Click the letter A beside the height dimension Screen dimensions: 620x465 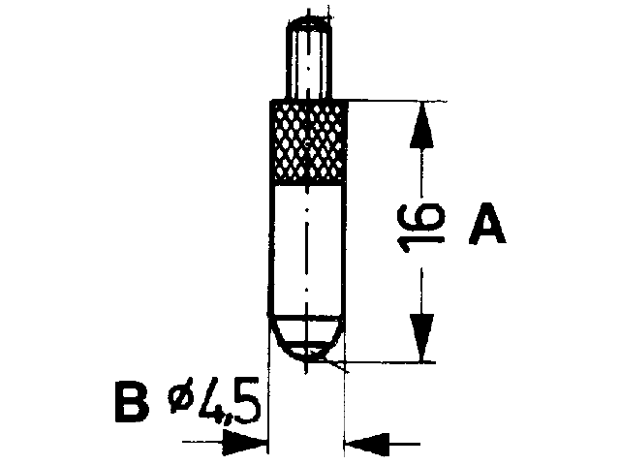487,224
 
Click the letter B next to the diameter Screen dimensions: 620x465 132,402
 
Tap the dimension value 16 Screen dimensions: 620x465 420,229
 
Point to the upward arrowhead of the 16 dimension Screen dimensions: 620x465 421,125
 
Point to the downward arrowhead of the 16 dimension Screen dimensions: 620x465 422,338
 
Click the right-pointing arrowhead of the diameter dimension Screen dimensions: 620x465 245,442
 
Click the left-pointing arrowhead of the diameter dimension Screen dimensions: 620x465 367,444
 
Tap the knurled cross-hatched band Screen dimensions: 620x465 309,142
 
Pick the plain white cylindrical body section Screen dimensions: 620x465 308,249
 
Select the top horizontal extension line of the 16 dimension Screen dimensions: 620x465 397,101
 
